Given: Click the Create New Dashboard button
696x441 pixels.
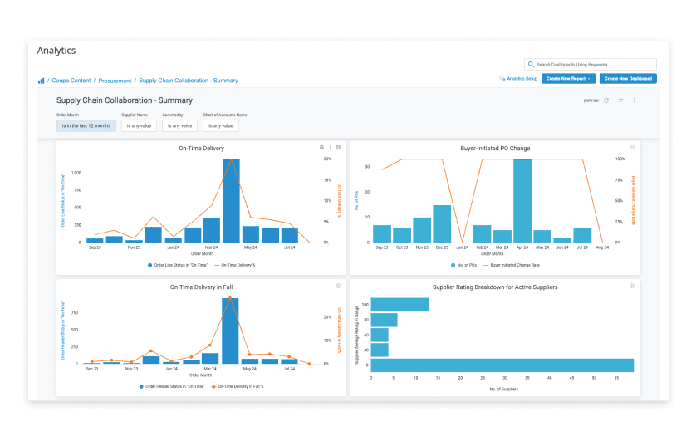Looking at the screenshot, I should tap(629, 78).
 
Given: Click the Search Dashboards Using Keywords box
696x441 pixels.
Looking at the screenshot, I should tap(591, 64).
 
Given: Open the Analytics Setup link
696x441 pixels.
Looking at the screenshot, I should tap(518, 78).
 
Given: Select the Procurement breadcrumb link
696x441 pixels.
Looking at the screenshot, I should tap(115, 81).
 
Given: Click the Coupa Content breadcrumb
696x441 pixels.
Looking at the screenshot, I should tap(72, 81).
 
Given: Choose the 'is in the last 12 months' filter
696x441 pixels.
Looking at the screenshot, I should tap(86, 125).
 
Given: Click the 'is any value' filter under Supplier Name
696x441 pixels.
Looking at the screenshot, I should tap(139, 125).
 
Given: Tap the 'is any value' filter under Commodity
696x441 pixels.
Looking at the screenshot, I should tap(179, 125).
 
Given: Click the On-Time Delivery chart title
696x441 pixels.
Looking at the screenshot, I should tap(201, 149).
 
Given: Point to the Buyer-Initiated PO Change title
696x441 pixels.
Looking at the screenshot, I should tap(495, 149).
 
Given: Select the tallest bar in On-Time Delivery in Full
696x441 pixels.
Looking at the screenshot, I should tap(230, 331).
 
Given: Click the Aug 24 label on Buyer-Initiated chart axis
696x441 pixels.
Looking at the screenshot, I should tap(602, 247).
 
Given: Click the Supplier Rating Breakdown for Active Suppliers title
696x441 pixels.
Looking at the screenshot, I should tap(495, 287).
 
